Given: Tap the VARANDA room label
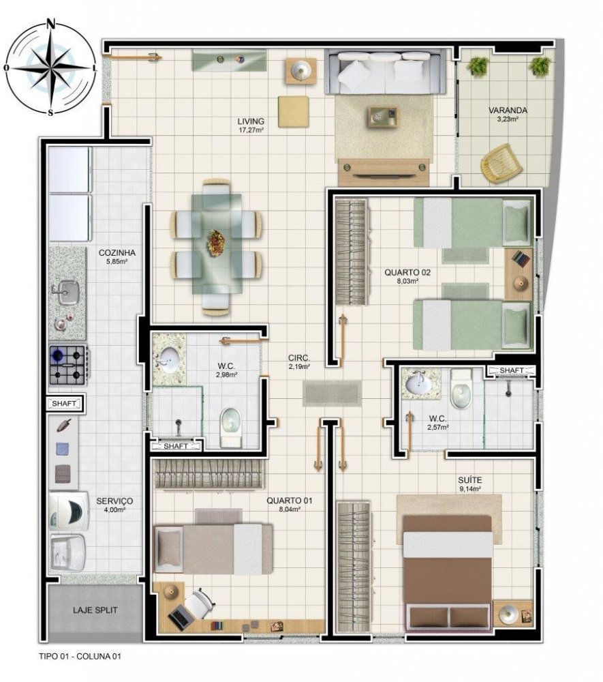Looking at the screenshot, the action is [x=508, y=110].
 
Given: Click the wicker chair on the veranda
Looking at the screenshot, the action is [x=501, y=162].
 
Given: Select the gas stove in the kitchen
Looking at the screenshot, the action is [x=68, y=364].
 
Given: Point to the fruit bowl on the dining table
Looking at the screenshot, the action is [x=216, y=242].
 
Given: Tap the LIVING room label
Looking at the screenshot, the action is [x=251, y=121].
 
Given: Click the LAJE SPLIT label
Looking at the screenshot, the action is [x=95, y=610].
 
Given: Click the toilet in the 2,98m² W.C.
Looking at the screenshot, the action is [x=230, y=427].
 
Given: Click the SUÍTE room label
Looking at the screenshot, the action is [x=470, y=480].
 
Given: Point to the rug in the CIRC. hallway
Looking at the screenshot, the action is [x=331, y=394].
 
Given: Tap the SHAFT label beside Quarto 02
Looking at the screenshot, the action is [x=511, y=370].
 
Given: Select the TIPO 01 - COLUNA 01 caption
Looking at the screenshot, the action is [x=80, y=656].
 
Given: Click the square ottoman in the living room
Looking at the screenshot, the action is [x=294, y=113].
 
